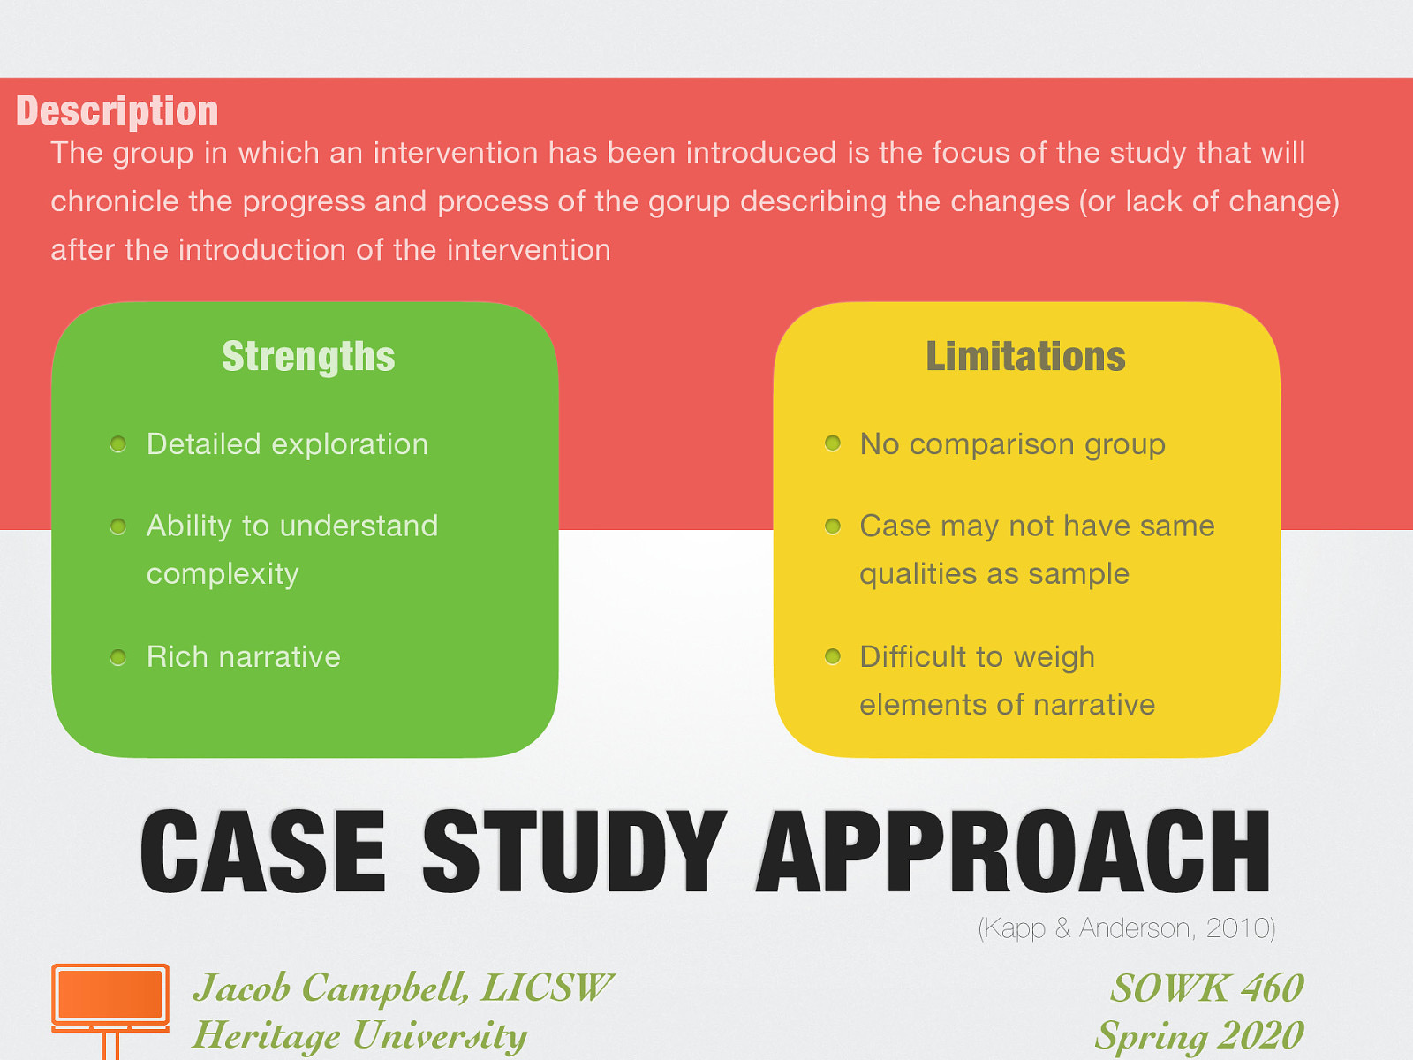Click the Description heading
point(117,111)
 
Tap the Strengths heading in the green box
point(308,357)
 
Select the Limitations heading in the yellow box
point(1025,357)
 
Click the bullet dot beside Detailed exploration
point(118,444)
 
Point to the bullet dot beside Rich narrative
point(118,657)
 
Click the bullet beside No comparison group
point(832,443)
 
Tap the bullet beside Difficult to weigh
point(832,656)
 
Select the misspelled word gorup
point(689,202)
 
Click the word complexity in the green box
point(223,574)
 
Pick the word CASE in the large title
point(263,852)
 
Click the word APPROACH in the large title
point(1013,852)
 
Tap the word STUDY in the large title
point(574,852)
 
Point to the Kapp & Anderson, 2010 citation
point(1126,928)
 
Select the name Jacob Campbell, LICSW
point(402,988)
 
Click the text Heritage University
point(359,1035)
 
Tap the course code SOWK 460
point(1206,988)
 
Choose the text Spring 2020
point(1199,1035)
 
